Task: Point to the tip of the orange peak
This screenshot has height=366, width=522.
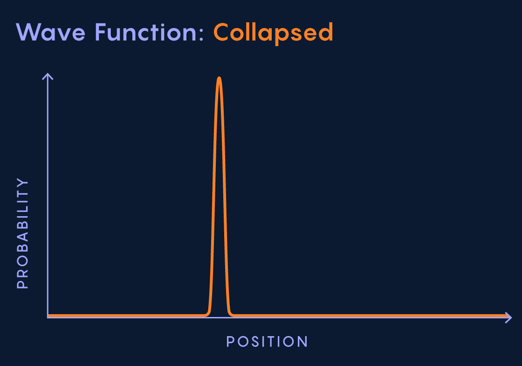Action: pos(219,78)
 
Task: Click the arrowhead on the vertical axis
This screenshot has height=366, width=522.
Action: pos(48,76)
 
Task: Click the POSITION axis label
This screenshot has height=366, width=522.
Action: pos(267,342)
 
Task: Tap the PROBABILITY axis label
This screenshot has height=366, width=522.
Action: pos(22,233)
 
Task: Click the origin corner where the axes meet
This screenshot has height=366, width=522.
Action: pos(48,317)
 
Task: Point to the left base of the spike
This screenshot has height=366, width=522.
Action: pos(206,315)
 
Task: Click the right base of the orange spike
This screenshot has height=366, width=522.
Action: pos(232,315)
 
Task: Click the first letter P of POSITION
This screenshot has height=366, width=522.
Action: pos(230,342)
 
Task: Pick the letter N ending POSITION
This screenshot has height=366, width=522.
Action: pos(303,342)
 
